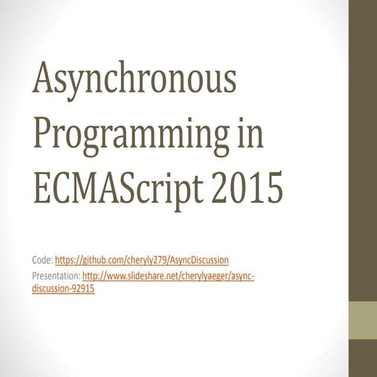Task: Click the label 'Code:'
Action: point(42,258)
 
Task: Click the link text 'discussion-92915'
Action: point(63,287)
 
